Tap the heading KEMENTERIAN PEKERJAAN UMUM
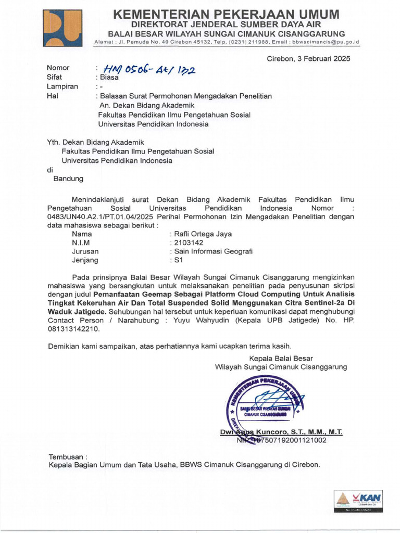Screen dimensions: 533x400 pos(226,14)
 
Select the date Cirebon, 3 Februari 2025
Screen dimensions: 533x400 pos(308,58)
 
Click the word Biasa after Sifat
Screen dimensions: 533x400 pos(109,77)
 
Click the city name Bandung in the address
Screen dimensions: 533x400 pos(68,179)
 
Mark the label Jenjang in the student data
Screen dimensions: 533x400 pos(85,260)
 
